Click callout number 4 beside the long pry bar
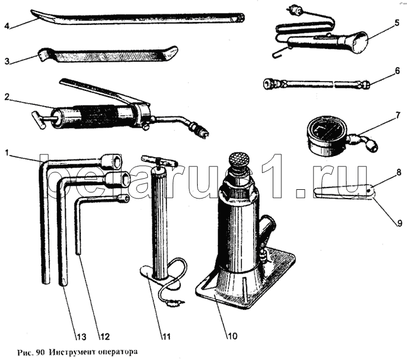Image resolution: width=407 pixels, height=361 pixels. point(7,26)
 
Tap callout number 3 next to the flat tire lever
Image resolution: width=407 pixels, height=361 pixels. point(7,61)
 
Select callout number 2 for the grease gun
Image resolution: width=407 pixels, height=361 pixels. point(7,97)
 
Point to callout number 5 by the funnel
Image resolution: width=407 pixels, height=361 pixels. point(397,23)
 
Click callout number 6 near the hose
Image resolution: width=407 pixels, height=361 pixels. point(398,70)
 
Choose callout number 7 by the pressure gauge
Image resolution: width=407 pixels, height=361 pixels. point(398,115)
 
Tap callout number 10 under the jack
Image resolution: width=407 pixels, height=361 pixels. point(233,336)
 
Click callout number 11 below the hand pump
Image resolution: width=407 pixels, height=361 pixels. point(166,337)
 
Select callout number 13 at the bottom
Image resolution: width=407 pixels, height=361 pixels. point(81,337)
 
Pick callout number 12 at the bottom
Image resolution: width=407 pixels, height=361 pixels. point(104,337)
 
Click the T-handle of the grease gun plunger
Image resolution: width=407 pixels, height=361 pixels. point(38,121)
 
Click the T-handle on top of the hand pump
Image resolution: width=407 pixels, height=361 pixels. point(159,161)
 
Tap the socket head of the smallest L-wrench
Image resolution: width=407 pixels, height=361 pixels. point(124,199)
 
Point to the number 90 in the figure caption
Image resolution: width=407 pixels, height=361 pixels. point(40,352)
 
